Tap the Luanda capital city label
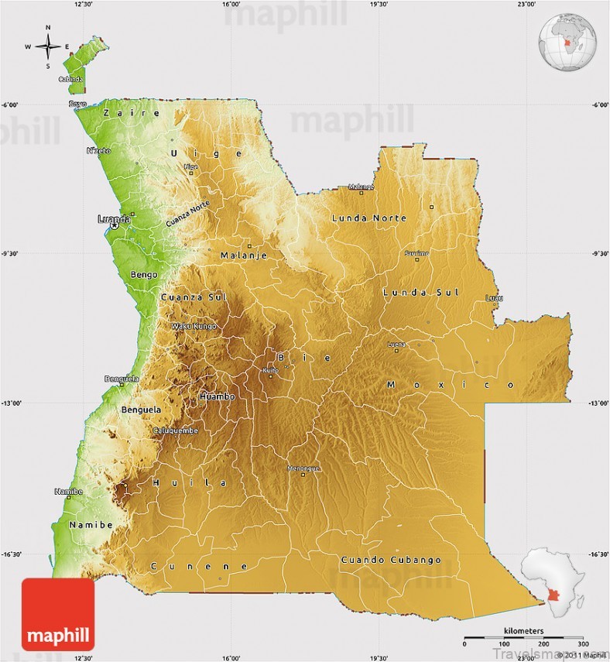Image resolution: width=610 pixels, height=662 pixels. click(115, 219)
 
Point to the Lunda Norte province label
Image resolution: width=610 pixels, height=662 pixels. click(368, 218)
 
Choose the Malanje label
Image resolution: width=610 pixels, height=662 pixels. click(243, 256)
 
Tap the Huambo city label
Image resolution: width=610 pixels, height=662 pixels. click(217, 396)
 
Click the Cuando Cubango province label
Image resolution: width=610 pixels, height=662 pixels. click(391, 559)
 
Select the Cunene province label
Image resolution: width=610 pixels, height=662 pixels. click(200, 566)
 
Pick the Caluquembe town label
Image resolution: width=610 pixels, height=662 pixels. click(176, 430)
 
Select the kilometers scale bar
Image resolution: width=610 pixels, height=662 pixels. click(523, 640)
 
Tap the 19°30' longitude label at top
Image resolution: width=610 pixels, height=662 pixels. click(379, 5)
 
